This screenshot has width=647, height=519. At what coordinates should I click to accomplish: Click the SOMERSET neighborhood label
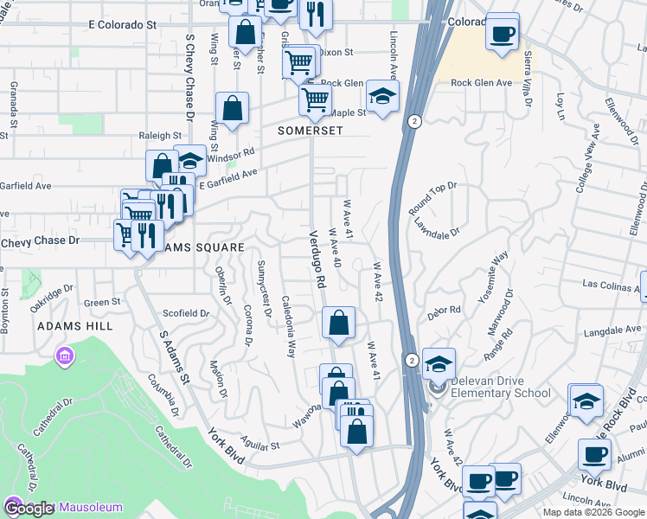[x=311, y=131]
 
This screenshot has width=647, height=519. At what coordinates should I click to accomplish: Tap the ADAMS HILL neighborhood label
[x=74, y=326]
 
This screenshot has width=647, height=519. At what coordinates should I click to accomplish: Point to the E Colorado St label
[x=122, y=25]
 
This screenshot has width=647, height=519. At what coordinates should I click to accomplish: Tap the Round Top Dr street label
[x=432, y=198]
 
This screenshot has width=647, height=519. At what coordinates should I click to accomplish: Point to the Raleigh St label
[x=161, y=136]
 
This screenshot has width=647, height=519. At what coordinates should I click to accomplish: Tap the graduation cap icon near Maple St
[x=382, y=95]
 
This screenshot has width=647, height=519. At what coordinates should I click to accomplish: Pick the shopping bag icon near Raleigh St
[x=233, y=109]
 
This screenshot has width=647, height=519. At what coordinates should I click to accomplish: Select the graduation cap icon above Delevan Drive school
[x=439, y=363]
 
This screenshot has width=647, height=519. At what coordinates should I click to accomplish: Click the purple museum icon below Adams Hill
[x=63, y=356]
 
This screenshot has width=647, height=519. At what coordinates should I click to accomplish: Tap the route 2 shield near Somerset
[x=415, y=121]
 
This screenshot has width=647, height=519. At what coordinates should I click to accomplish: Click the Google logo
[x=29, y=509]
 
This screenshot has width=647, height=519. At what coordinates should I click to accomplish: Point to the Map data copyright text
[x=593, y=512]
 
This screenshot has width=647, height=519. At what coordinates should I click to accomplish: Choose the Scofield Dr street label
[x=186, y=313]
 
